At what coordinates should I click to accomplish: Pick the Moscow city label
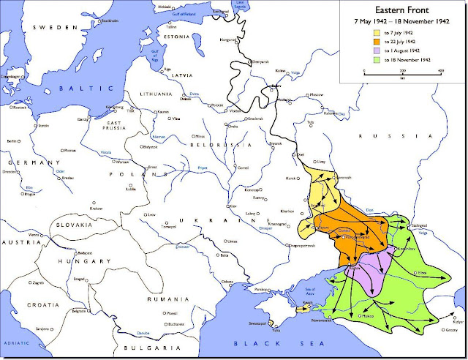(317, 95)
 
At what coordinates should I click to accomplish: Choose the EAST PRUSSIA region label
(114, 127)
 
